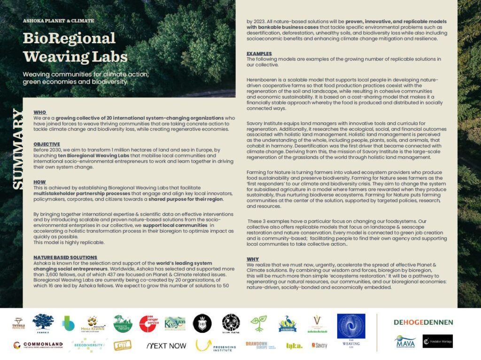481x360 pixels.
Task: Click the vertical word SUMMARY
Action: tap(17, 149)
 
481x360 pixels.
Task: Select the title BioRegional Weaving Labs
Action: tap(75, 47)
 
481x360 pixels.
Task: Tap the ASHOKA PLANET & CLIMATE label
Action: tap(58, 21)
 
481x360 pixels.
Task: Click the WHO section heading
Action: tap(40, 112)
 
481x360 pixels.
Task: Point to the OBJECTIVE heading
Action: tap(47, 144)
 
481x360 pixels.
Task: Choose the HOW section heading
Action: tap(40, 182)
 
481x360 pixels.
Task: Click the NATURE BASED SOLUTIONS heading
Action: tap(65, 257)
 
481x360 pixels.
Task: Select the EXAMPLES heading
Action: tap(259, 54)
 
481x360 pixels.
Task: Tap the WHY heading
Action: tap(252, 259)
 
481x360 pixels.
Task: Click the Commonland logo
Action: tap(38, 345)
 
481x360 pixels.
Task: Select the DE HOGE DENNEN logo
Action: tap(423, 322)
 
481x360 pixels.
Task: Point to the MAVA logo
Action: tap(404, 341)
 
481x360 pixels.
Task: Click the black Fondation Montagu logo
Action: tap(437, 341)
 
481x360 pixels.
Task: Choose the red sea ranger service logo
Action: tap(149, 323)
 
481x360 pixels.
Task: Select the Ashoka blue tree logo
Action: tap(43, 324)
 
